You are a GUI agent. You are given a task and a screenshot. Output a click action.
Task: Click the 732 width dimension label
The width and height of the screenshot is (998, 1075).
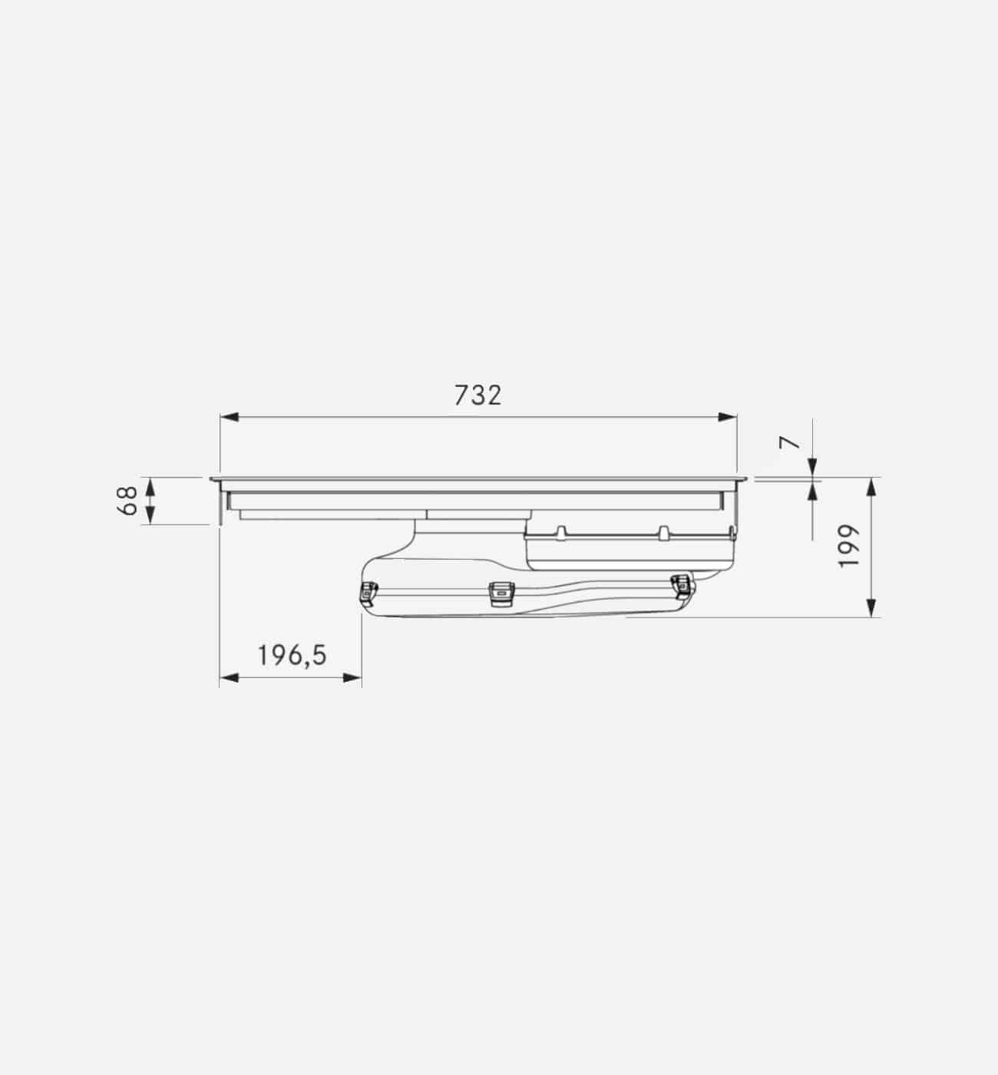pyautogui.click(x=477, y=395)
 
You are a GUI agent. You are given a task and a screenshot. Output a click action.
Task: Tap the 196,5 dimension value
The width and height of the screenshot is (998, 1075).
pyautogui.click(x=292, y=656)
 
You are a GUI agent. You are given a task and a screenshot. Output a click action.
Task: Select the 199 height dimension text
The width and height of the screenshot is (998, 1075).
pyautogui.click(x=848, y=547)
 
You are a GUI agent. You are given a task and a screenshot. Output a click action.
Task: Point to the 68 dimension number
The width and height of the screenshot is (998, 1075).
pyautogui.click(x=129, y=500)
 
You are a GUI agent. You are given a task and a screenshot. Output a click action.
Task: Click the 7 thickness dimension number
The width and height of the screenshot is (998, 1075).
pyautogui.click(x=789, y=443)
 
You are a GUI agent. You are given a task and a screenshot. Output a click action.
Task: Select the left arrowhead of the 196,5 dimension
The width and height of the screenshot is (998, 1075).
pyautogui.click(x=229, y=677)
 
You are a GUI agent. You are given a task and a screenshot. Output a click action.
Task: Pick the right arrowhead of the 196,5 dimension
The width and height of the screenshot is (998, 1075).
pyautogui.click(x=352, y=677)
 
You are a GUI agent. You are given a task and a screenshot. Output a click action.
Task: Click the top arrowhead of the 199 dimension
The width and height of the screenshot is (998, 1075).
pyautogui.click(x=871, y=486)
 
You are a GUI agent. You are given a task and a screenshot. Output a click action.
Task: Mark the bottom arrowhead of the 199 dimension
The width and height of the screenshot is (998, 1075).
pyautogui.click(x=871, y=607)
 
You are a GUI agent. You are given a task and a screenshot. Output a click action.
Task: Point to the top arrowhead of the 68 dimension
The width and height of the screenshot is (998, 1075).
pyautogui.click(x=150, y=485)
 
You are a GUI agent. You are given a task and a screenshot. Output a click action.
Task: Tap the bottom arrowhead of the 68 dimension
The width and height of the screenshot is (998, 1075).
pyautogui.click(x=150, y=516)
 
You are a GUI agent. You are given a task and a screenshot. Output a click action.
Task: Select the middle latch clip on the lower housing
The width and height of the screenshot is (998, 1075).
pyautogui.click(x=501, y=591)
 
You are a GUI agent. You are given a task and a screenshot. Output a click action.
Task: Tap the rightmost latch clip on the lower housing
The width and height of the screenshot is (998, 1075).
pyautogui.click(x=680, y=585)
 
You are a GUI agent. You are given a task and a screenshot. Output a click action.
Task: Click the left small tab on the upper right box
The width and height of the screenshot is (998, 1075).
pyautogui.click(x=561, y=531)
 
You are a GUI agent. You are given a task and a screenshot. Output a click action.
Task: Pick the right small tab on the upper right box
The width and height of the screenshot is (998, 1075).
pyautogui.click(x=665, y=531)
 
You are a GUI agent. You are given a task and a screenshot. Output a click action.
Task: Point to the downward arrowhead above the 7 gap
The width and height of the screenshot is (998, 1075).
pyautogui.click(x=812, y=467)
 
